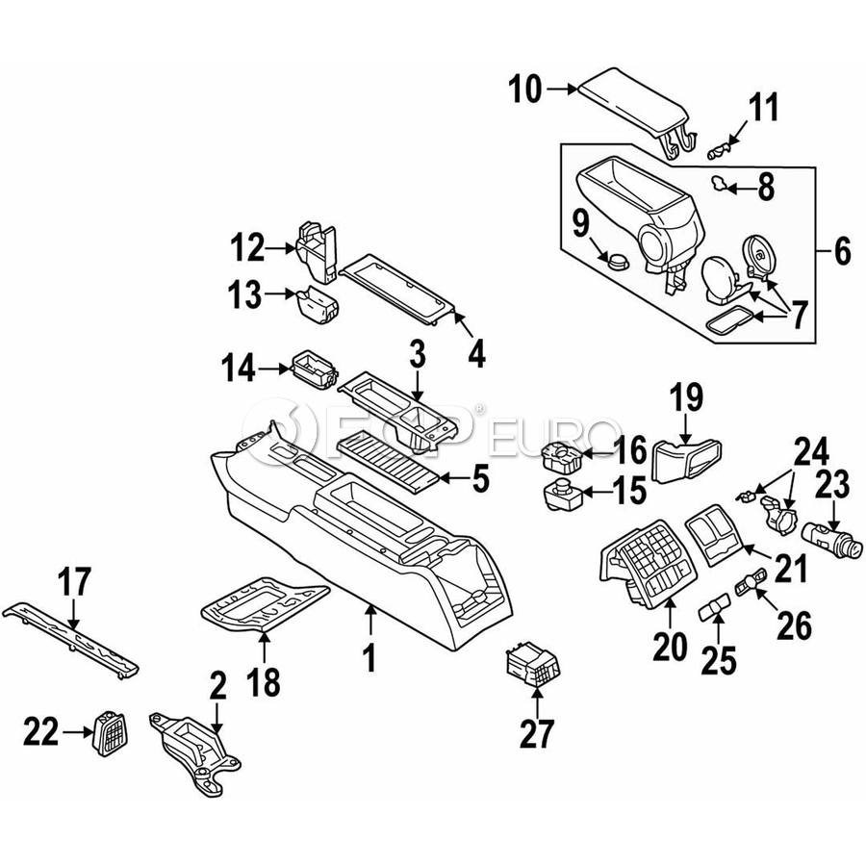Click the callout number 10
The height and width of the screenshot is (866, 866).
tap(525, 90)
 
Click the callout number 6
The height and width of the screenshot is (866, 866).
tap(843, 252)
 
